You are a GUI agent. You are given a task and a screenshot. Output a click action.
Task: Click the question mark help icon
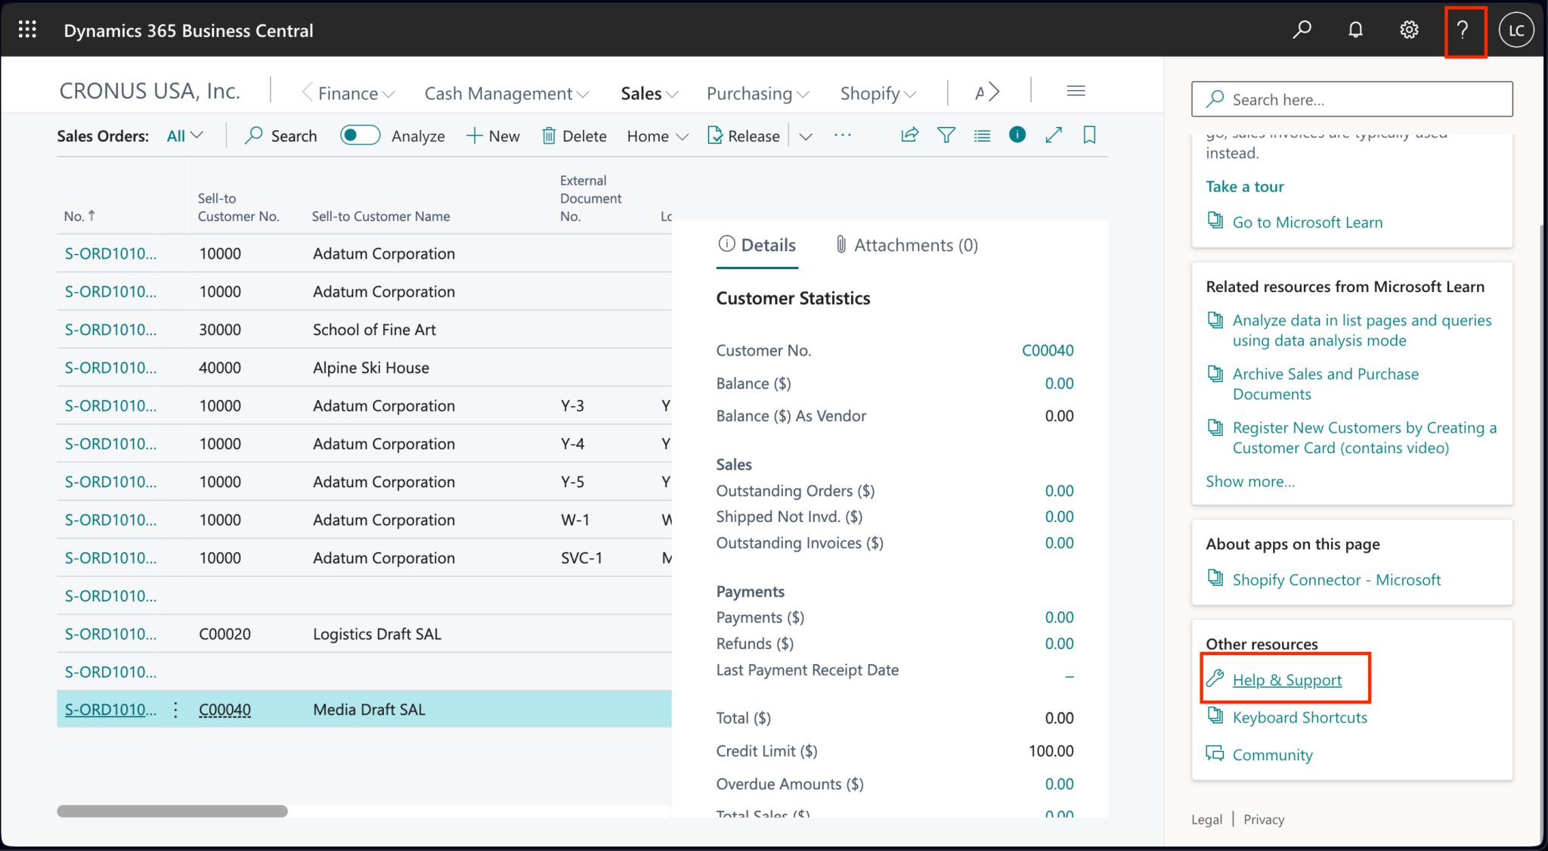point(1463,30)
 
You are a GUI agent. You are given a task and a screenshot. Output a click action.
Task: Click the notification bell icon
point(1355,30)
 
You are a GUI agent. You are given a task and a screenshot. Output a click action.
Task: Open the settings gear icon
point(1409,30)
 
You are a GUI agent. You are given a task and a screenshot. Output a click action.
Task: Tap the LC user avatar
point(1516,30)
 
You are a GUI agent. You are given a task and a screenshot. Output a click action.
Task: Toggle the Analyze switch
point(360,135)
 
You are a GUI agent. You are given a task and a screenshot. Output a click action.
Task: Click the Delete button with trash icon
point(574,136)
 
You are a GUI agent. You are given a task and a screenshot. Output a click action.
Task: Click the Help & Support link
point(1286,680)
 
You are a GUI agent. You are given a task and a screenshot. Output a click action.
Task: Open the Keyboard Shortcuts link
point(1299,717)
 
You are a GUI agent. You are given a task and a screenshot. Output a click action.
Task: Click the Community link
point(1272,755)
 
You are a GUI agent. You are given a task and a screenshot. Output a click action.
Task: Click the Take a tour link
point(1244,187)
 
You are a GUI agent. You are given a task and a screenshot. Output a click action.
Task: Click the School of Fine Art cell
point(374,330)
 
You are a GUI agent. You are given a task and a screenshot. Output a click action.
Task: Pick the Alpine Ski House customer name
point(370,368)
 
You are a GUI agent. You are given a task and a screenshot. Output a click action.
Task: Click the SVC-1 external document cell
point(581,558)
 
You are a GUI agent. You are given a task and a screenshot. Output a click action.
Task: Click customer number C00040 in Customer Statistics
point(1047,350)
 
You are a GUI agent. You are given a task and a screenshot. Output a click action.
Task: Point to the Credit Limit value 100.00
point(1051,751)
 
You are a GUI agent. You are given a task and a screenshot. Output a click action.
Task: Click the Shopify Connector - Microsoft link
point(1336,580)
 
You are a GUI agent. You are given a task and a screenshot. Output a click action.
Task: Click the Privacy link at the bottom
point(1264,819)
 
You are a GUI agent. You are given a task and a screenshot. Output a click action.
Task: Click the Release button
point(744,136)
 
